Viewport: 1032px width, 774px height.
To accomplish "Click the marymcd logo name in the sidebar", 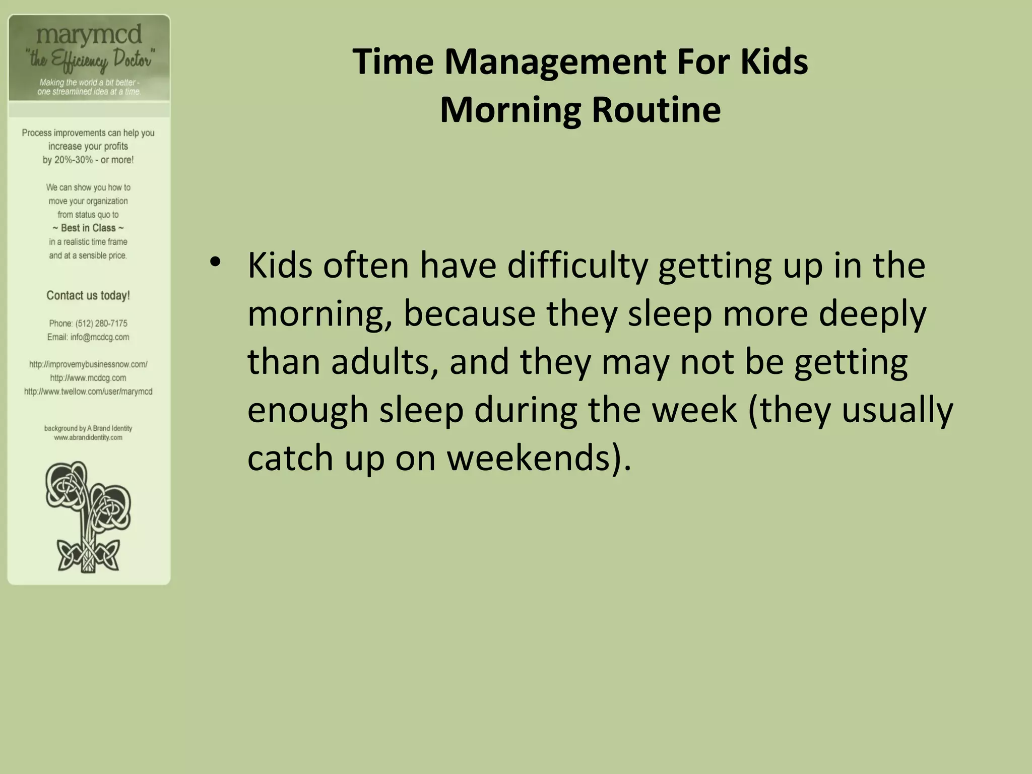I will coord(89,35).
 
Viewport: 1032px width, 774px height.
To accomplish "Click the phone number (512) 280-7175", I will coord(101,324).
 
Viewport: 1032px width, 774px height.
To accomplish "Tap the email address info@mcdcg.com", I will coord(100,337).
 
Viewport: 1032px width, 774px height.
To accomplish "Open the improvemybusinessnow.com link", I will coord(88,364).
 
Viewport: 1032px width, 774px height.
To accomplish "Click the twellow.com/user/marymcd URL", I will coord(88,392).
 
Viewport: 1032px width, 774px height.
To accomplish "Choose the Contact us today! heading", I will coord(88,296).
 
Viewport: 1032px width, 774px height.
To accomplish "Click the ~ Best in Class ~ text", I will coord(88,228).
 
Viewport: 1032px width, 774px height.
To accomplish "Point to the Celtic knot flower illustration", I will coord(89,517).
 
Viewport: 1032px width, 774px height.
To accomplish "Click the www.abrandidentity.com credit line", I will coord(88,437).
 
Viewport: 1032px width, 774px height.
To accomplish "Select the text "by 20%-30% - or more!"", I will coord(88,160).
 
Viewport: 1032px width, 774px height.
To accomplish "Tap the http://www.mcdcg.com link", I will coord(88,378).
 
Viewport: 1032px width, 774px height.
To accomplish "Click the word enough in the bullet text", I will coord(308,410).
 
